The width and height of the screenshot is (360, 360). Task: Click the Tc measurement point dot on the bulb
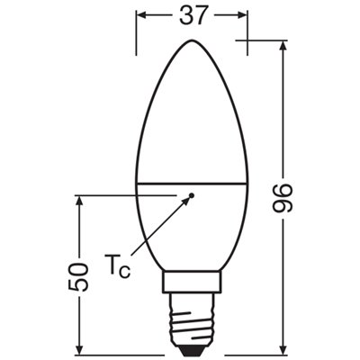(x=192, y=194)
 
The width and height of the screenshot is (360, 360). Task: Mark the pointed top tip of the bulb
(x=192, y=41)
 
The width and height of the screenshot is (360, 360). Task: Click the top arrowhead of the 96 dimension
(x=284, y=47)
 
